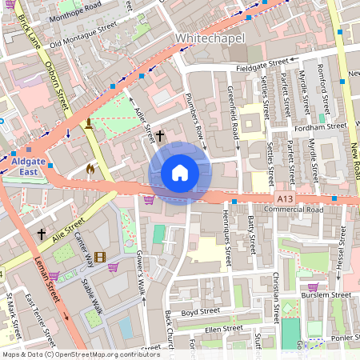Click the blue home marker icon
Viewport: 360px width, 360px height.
point(180,173)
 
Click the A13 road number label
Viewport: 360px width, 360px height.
point(283,196)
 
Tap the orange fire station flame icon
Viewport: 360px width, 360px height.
point(90,170)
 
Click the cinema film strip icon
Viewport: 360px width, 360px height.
point(99,257)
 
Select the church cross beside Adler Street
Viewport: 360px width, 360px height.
point(159,136)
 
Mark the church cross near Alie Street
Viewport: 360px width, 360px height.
point(42,234)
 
